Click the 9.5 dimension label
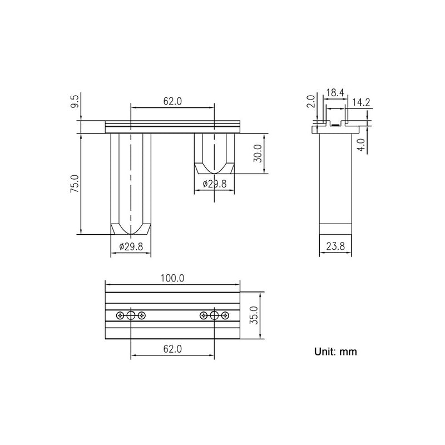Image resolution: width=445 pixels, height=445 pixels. tap(76, 103)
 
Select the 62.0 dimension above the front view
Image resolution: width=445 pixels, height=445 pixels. tap(172, 101)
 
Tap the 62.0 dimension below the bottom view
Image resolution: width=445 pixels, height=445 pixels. tap(172, 349)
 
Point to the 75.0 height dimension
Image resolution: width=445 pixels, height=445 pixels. tap(76, 184)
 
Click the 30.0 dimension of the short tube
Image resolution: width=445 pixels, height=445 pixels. tap(257, 154)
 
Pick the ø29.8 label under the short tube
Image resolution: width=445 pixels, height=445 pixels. tap(214, 184)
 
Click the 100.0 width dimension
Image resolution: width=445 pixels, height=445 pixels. tap(172, 278)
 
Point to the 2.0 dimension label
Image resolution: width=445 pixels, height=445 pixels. tap(311, 102)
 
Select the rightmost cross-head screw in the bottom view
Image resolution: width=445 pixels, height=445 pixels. tap(225, 316)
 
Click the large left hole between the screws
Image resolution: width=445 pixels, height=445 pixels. tap(131, 316)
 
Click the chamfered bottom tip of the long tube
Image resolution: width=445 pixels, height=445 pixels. tap(131, 229)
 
